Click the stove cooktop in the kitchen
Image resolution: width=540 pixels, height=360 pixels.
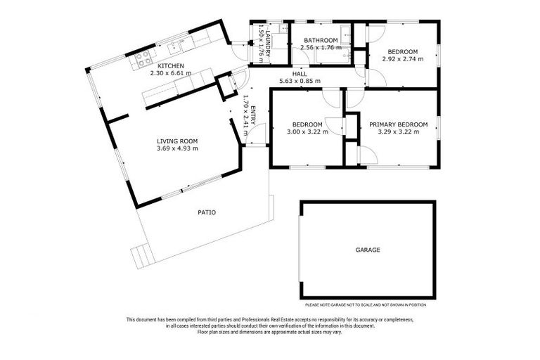click(143, 57)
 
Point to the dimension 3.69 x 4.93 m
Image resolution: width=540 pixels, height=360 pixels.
click(177, 148)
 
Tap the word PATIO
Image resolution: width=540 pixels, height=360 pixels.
click(207, 212)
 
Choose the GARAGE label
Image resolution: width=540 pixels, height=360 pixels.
click(367, 250)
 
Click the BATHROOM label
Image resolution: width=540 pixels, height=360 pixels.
click(319, 40)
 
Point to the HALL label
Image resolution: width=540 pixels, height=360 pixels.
click(299, 72)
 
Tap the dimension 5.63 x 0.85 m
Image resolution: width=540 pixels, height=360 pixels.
click(299, 80)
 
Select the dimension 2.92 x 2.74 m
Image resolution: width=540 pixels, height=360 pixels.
click(403, 59)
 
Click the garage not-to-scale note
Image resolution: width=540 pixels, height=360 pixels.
click(365, 304)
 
